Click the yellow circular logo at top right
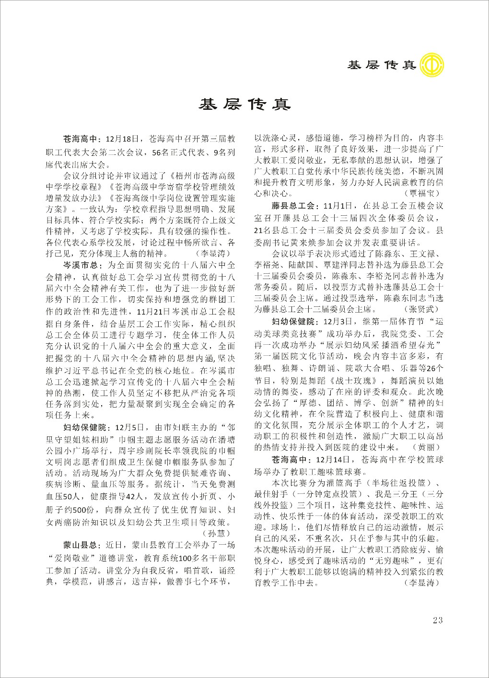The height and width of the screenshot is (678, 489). (431, 65)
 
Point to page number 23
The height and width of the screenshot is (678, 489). (437, 620)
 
